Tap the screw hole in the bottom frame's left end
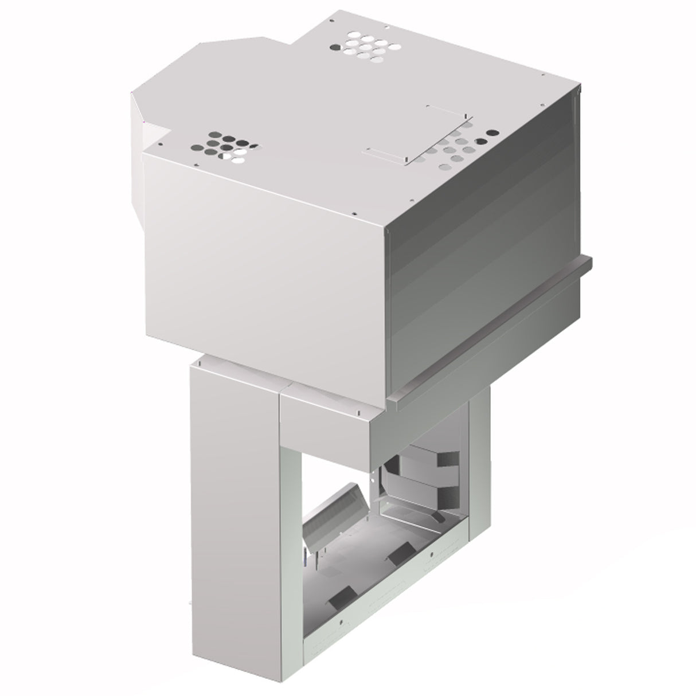[x=342, y=621]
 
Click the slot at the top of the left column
[x=201, y=363]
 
